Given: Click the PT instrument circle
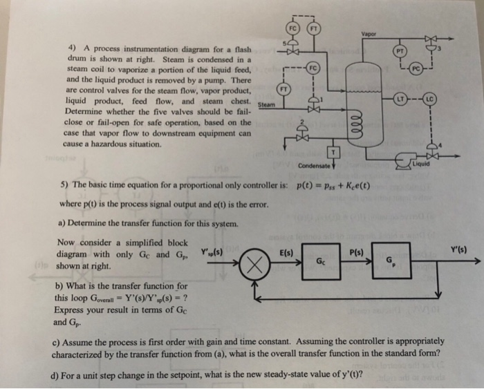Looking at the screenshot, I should point(399,50).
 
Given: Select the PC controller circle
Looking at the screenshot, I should point(416,70).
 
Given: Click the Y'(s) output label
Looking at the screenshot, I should point(460,248).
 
